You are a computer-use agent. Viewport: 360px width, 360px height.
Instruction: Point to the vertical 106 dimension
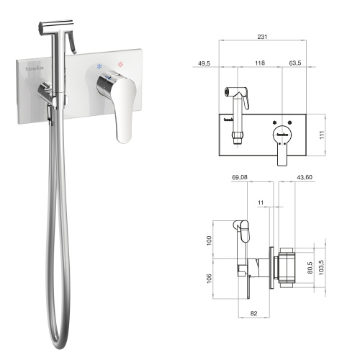click(210, 278)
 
